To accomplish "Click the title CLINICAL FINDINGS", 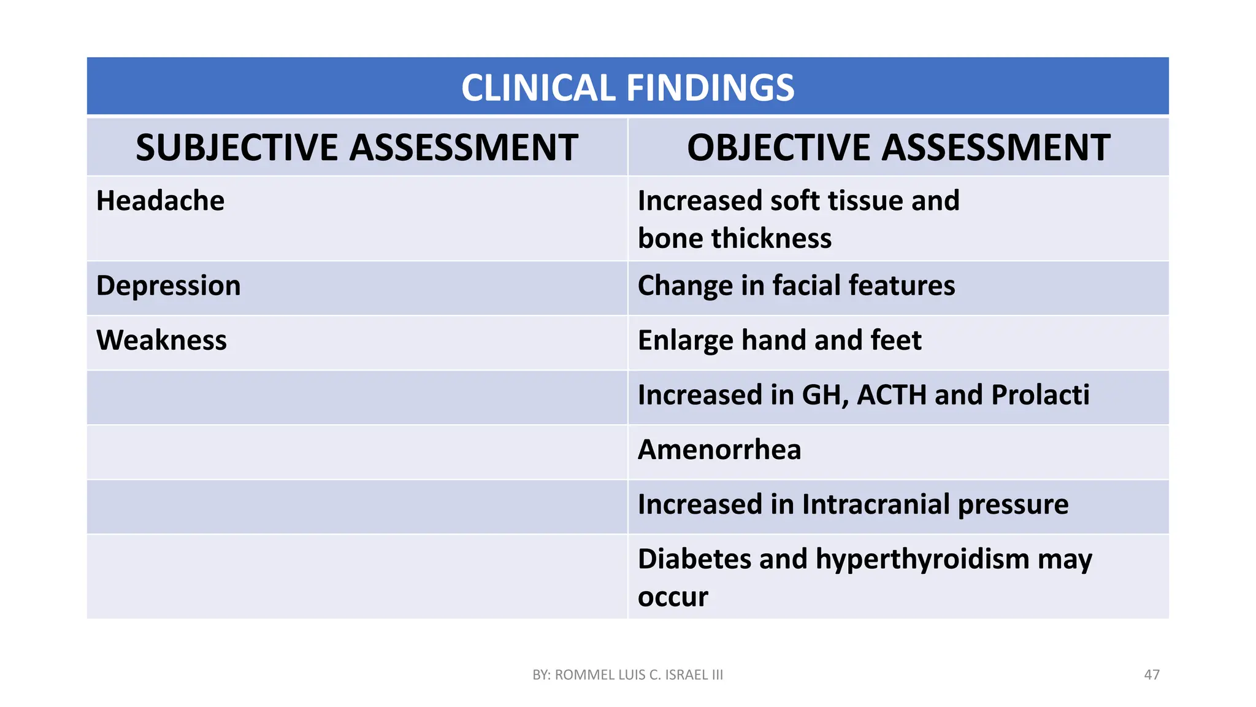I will point(627,87).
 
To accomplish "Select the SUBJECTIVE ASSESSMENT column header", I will point(356,148).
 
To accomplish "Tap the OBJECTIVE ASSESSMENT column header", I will point(898,148).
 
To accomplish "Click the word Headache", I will point(160,201).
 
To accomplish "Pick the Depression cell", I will point(169,286).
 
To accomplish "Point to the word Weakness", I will point(161,340).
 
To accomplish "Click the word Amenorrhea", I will point(719,450).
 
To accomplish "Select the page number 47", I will point(1151,675).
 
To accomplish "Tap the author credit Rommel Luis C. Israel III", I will point(627,675).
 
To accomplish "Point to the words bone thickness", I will point(734,238).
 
